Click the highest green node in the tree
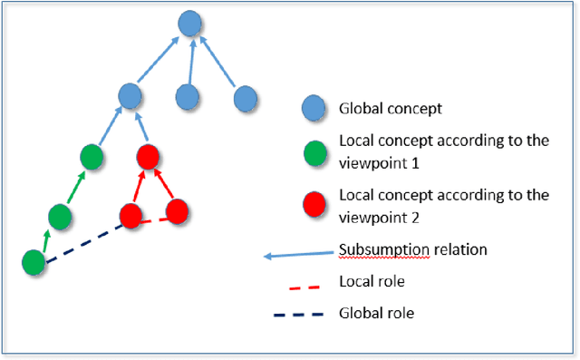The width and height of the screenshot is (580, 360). point(92,157)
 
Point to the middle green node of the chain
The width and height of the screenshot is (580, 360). point(60,216)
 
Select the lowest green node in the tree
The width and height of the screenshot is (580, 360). point(34,263)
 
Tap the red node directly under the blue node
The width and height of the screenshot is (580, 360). point(149,157)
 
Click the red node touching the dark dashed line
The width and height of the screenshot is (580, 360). point(132,216)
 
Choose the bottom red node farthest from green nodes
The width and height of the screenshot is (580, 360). point(176,211)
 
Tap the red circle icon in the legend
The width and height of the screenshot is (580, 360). point(314,202)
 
